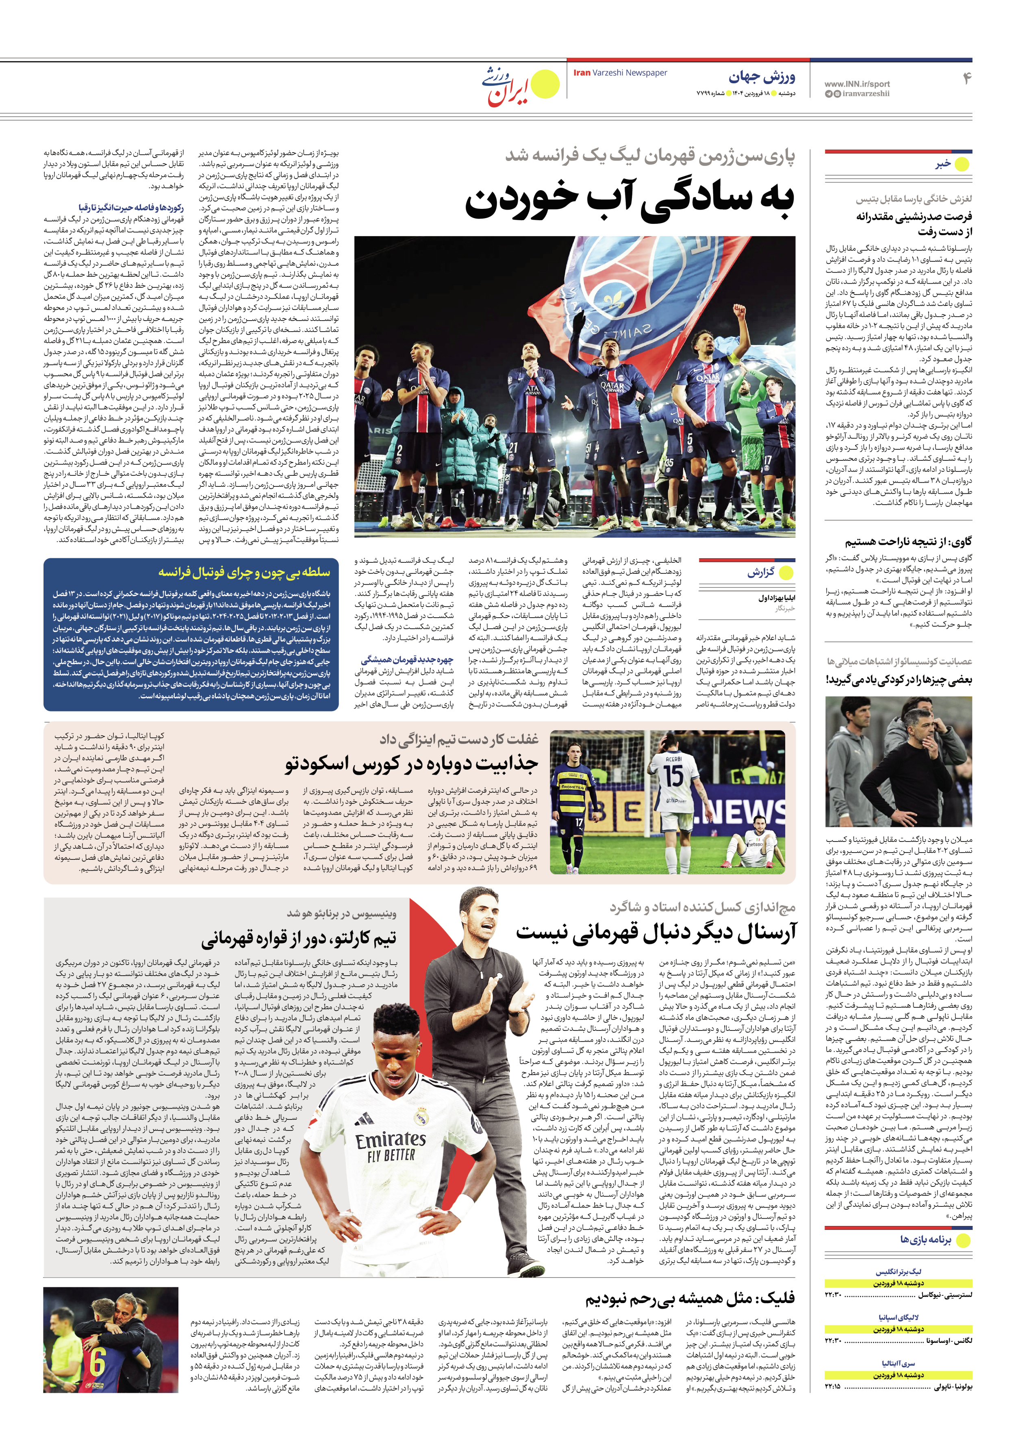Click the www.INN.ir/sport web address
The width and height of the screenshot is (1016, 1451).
pyautogui.click(x=857, y=83)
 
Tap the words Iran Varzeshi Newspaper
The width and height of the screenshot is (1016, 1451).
pyautogui.click(x=620, y=73)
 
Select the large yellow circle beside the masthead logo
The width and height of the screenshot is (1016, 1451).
pyautogui.click(x=544, y=85)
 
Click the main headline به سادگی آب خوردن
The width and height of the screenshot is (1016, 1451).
pyautogui.click(x=629, y=202)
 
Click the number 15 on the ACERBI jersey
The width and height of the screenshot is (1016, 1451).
pyautogui.click(x=673, y=776)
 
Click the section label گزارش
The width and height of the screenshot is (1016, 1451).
pyautogui.click(x=760, y=573)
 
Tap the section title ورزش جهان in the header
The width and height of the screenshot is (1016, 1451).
pyautogui.click(x=762, y=77)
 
